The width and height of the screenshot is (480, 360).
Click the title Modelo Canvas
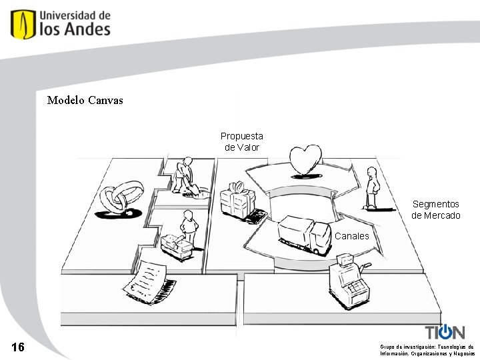point(85,101)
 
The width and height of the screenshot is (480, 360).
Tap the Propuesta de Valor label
point(242,141)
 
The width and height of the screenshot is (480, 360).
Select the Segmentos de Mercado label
point(435,209)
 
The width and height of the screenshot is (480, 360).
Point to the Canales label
point(351,236)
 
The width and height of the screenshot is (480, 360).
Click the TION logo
point(445,332)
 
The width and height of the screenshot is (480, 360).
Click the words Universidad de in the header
point(75,15)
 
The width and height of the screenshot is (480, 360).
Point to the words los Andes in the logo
point(75,29)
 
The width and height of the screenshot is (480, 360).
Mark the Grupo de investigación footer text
point(427,350)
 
